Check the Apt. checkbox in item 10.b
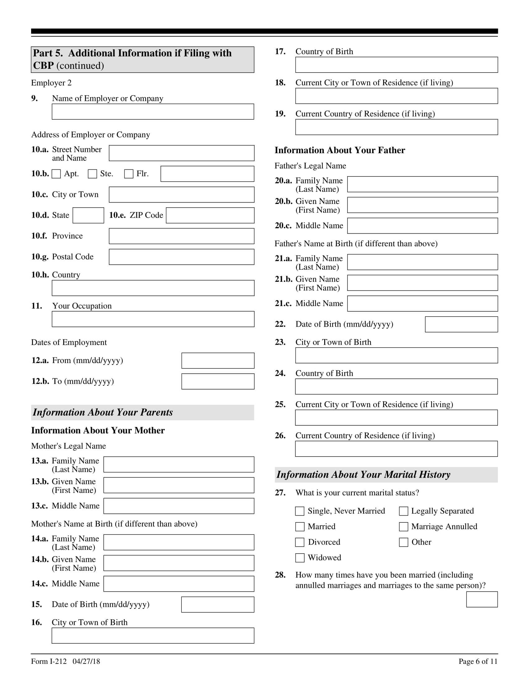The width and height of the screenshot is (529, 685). pos(56,174)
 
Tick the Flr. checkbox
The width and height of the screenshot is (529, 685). pos(129,174)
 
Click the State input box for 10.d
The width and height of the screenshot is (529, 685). pos(88,215)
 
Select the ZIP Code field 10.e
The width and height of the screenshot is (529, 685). pos(210,215)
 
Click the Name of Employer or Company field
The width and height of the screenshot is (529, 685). pos(153,112)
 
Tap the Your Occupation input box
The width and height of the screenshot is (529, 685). pos(153,319)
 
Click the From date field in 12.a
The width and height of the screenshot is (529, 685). pos(218,361)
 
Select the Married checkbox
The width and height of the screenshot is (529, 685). pos(300,527)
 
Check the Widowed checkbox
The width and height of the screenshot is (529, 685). pos(300,558)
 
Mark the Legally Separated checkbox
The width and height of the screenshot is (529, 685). pos(403,511)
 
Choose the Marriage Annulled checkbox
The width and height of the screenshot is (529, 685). pos(403,527)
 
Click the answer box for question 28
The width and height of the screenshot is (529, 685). pos(482,599)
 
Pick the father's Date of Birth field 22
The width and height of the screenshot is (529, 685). pos(461,324)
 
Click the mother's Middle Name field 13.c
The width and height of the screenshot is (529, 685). pos(179,506)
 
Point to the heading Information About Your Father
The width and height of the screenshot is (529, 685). pos(340,150)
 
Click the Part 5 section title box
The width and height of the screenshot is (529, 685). pos(143,59)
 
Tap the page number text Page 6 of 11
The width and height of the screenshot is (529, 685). pos(478,661)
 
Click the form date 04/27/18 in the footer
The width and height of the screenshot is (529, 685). pos(86,661)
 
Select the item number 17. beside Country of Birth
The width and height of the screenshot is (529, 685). pos(280,51)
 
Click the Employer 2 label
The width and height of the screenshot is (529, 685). pos(51,83)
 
